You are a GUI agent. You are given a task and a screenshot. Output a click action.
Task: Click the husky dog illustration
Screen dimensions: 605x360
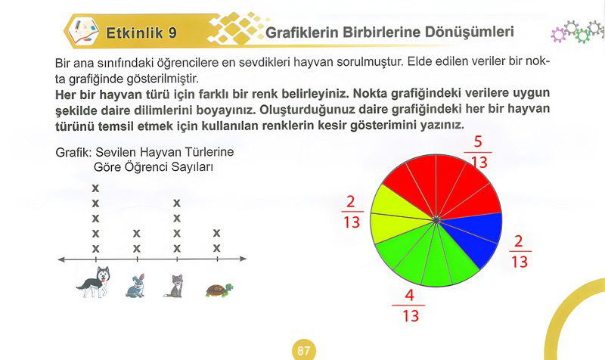94,282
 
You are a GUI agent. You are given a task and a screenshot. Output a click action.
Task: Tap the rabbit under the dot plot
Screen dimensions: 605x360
135,286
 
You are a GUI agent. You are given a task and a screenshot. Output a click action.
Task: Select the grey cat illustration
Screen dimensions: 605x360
175,286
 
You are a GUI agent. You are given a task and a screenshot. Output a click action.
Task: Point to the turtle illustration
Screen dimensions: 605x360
219,290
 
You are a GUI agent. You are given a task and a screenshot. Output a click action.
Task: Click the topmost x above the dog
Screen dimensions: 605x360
95,188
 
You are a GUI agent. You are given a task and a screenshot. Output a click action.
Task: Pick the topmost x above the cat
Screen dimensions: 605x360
177,203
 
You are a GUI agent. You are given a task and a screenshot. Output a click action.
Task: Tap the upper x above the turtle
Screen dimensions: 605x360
217,233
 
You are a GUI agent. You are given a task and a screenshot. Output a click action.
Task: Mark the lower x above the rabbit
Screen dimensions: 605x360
137,249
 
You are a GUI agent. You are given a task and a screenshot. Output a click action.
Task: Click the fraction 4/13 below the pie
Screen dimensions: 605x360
410,306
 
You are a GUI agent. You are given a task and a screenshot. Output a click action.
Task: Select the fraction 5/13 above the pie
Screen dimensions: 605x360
478,152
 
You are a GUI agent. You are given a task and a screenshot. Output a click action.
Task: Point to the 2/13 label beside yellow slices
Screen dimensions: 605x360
352,212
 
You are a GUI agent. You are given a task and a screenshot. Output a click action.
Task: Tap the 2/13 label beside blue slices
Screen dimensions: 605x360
520,252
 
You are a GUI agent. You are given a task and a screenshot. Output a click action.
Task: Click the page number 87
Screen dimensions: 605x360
304,351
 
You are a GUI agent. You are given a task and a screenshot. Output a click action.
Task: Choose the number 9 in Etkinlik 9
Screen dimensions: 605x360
172,33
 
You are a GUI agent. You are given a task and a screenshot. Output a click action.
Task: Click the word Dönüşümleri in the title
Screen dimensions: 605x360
470,32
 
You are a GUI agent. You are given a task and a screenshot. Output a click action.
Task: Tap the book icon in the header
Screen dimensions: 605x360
83,31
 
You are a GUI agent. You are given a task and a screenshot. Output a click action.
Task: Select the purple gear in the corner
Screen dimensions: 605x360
558,35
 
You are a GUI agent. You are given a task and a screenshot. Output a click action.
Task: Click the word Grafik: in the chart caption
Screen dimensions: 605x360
73,153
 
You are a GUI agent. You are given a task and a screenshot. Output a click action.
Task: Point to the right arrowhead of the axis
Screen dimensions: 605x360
243,259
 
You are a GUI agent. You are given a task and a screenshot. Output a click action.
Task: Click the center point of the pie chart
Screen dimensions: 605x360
436,220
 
